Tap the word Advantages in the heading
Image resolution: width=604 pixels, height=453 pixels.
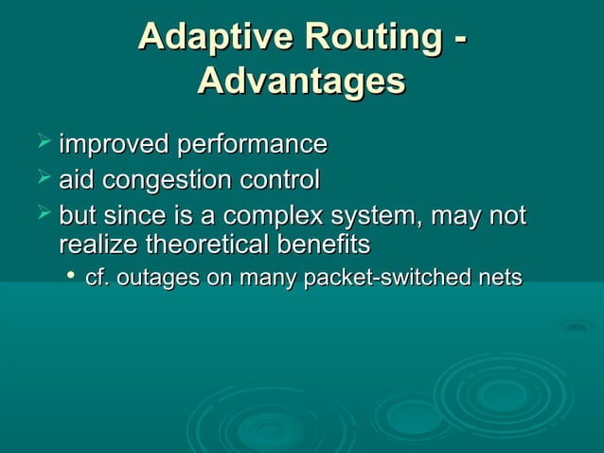[301, 82]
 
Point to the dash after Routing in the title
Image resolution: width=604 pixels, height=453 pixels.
[459, 40]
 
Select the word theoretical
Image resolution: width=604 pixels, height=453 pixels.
[209, 245]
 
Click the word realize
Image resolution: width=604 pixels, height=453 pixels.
[98, 245]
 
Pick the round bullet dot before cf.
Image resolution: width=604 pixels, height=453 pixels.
[71, 277]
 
